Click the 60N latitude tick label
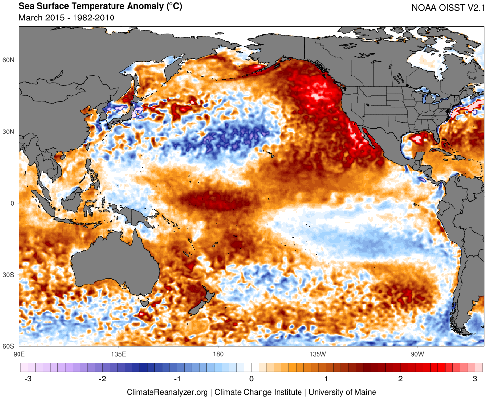pyautogui.click(x=10, y=60)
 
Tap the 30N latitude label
pyautogui.click(x=10, y=132)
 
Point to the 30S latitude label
pyautogui.click(x=10, y=275)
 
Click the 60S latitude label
pyautogui.click(x=10, y=346)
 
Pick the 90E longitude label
pyautogui.click(x=19, y=353)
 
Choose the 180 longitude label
pyautogui.click(x=218, y=353)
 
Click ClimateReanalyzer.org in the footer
pyautogui.click(x=168, y=392)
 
